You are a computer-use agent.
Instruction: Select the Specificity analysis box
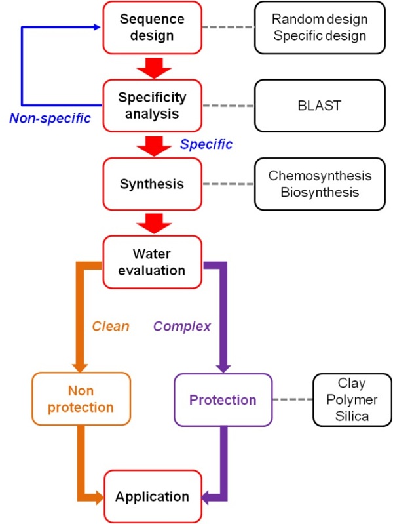pyautogui.click(x=153, y=106)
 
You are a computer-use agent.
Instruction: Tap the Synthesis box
pyautogui.click(x=153, y=184)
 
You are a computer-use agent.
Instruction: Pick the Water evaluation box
pyautogui.click(x=153, y=261)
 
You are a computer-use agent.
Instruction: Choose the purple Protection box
pyautogui.click(x=223, y=399)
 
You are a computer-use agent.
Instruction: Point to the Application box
pyautogui.click(x=153, y=496)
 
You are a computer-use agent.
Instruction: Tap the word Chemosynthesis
pyautogui.click(x=320, y=176)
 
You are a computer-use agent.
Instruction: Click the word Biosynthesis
pyautogui.click(x=320, y=191)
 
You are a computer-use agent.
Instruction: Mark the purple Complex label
pyautogui.click(x=182, y=325)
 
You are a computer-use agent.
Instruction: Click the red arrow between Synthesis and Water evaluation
pyautogui.click(x=153, y=222)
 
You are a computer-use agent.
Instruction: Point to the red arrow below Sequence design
pyautogui.click(x=153, y=66)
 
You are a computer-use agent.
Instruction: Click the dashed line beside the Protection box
pyautogui.click(x=292, y=399)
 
